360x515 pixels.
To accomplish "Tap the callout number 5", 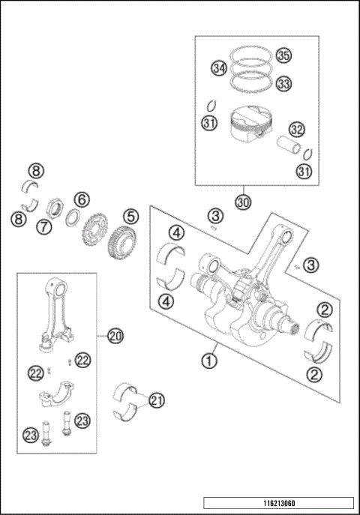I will (x=130, y=217).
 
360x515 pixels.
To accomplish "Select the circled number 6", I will (x=81, y=199).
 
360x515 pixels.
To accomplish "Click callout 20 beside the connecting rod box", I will (x=115, y=335).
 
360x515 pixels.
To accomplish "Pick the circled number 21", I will (x=156, y=400).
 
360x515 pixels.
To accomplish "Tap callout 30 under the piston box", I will (x=241, y=202).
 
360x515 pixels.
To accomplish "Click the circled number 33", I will (x=282, y=83).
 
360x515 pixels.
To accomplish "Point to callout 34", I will (x=218, y=69).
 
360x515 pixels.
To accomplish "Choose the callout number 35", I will (x=282, y=55).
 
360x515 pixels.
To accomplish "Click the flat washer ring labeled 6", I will (x=73, y=217).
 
